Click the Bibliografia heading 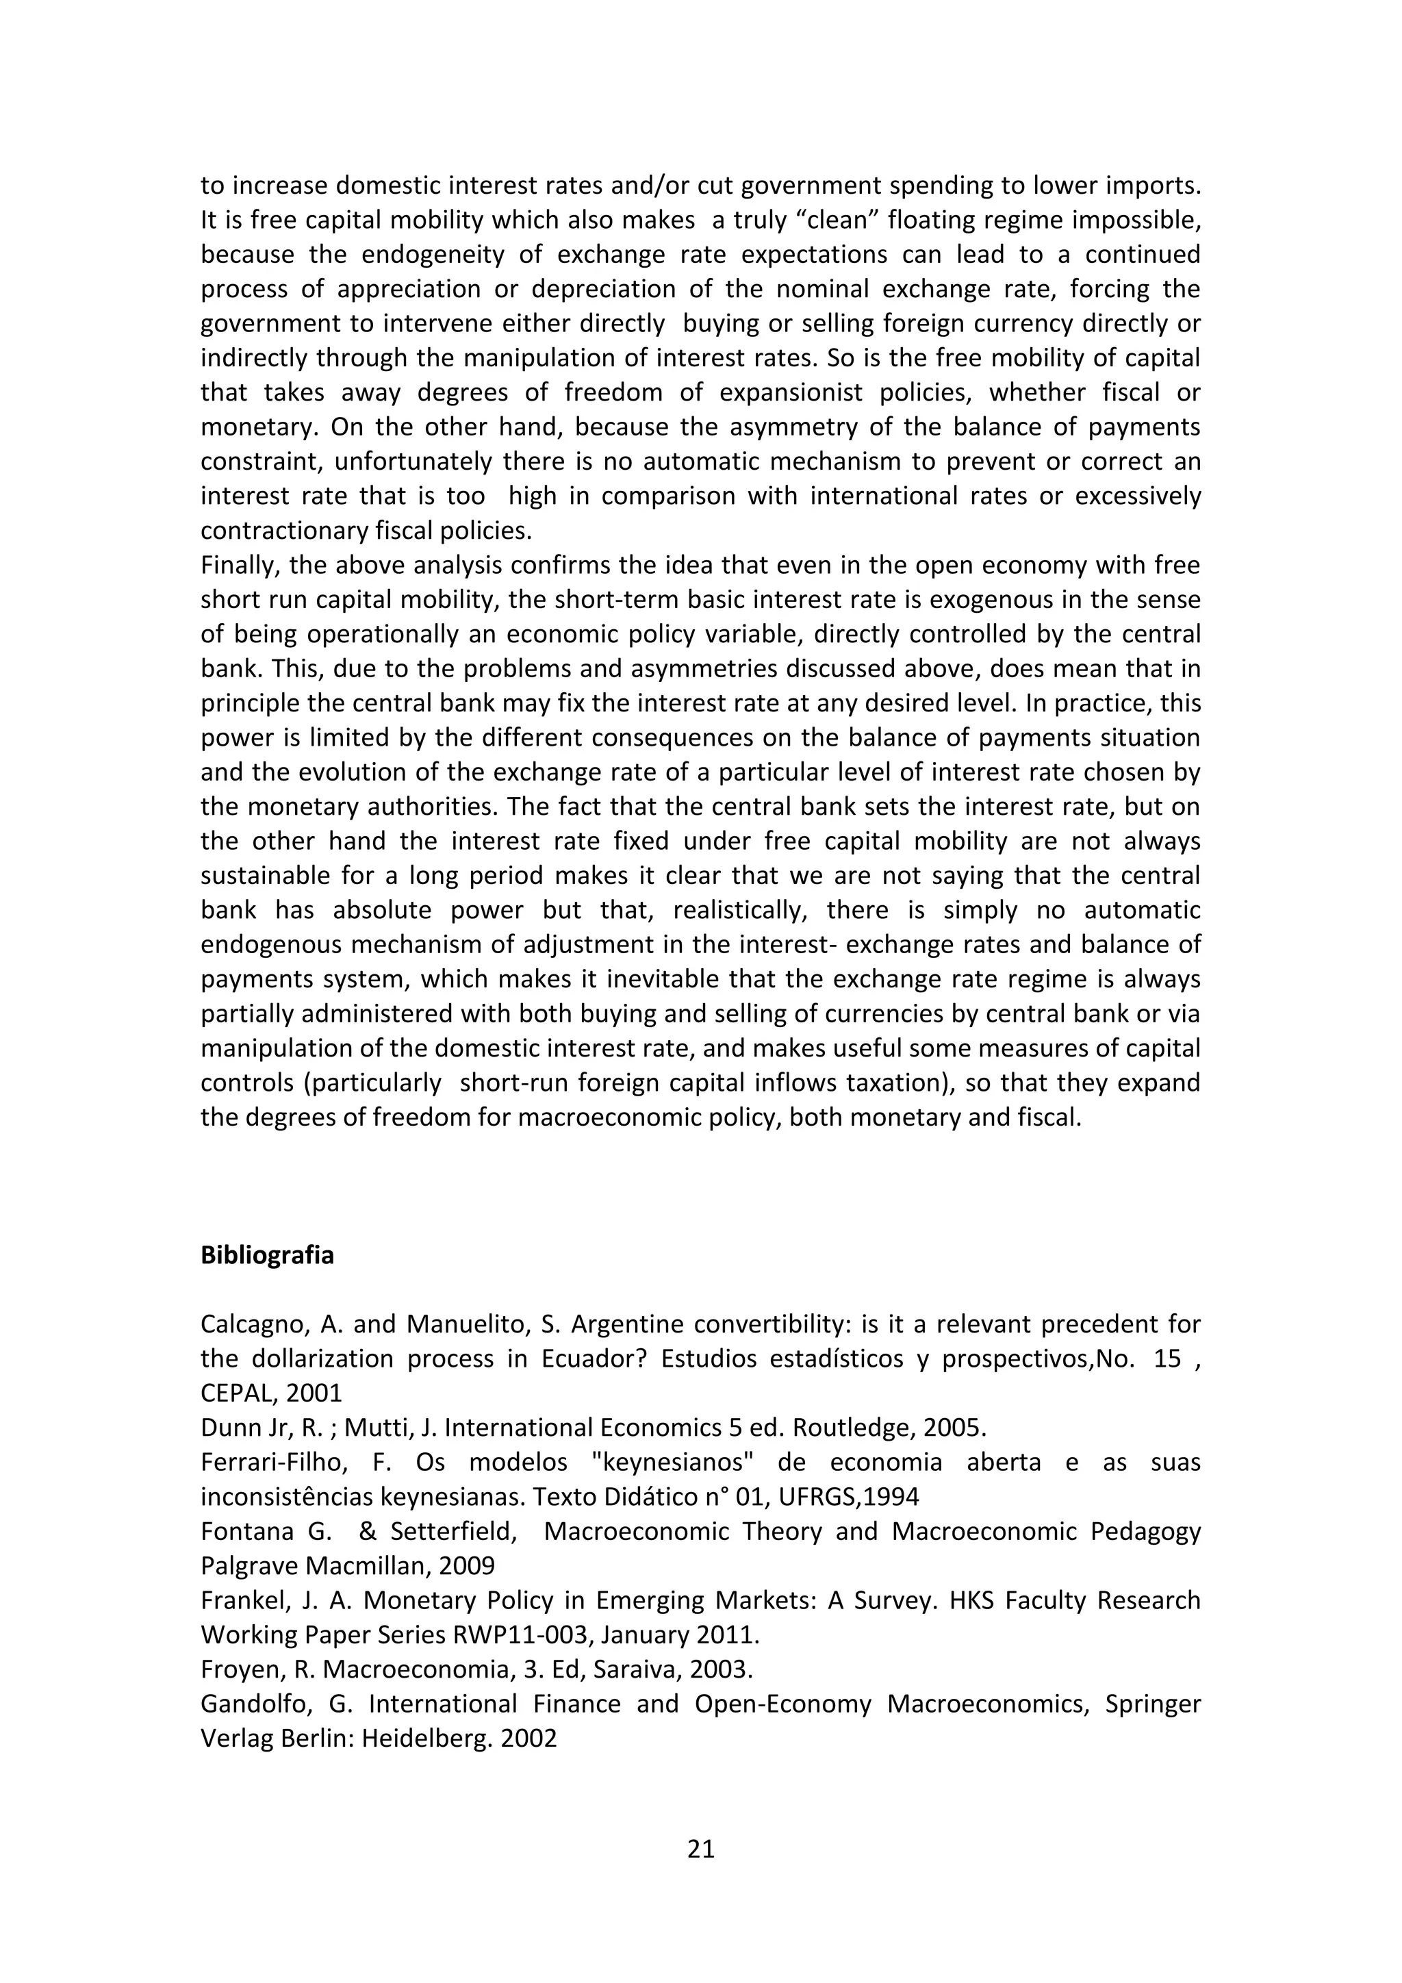[x=267, y=1255]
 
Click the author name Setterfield [x=453, y=1531]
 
